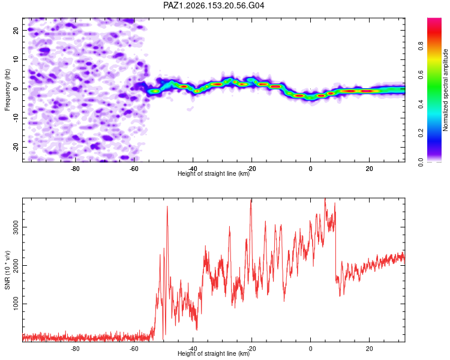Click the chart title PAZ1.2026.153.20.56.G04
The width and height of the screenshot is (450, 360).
coord(214,5)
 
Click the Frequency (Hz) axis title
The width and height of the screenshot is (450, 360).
coord(7,90)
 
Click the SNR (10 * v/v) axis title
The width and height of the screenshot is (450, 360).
coord(7,270)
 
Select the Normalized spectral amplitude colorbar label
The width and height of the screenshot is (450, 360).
coord(445,90)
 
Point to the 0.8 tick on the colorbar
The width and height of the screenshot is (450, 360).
coord(421,46)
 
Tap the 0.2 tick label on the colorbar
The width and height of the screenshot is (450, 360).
coord(421,133)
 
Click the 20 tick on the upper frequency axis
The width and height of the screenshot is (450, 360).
coord(16,30)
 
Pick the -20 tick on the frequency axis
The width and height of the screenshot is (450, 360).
coord(16,147)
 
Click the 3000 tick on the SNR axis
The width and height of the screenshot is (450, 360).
coord(16,227)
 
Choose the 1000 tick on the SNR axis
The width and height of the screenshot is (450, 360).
coord(16,304)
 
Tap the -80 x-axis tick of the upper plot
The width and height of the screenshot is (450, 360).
coord(75,169)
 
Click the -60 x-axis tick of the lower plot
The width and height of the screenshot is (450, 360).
coord(134,349)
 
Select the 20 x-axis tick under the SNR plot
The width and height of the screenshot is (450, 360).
coord(370,349)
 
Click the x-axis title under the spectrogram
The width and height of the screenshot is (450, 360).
coord(214,173)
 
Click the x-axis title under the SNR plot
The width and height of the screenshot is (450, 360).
coord(214,353)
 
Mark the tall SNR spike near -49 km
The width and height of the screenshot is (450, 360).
coord(167,206)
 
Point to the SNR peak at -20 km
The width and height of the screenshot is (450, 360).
coord(251,200)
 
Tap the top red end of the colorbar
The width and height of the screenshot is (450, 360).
coord(434,19)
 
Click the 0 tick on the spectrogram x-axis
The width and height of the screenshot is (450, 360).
coord(311,169)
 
